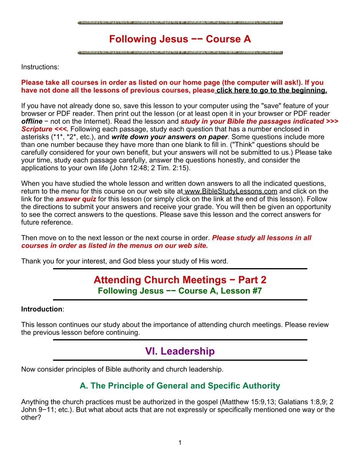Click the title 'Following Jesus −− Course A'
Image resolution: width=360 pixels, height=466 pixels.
(x=180, y=39)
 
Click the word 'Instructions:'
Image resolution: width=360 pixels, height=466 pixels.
(x=40, y=67)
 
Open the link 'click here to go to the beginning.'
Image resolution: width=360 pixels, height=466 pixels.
(x=271, y=90)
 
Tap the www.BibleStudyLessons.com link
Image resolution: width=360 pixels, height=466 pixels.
(x=231, y=191)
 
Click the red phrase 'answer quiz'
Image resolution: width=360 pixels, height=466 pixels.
(x=76, y=199)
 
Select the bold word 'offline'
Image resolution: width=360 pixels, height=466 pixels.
(x=32, y=121)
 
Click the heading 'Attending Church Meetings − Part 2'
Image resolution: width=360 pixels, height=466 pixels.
(x=180, y=279)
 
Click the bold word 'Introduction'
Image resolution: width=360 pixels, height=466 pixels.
(x=41, y=309)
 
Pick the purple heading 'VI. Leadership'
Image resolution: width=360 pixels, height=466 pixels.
(x=180, y=351)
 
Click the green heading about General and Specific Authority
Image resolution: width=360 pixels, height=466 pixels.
(x=180, y=385)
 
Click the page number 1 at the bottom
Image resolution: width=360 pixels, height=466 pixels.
(x=180, y=443)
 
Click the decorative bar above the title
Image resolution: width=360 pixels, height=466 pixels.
(x=180, y=23)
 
